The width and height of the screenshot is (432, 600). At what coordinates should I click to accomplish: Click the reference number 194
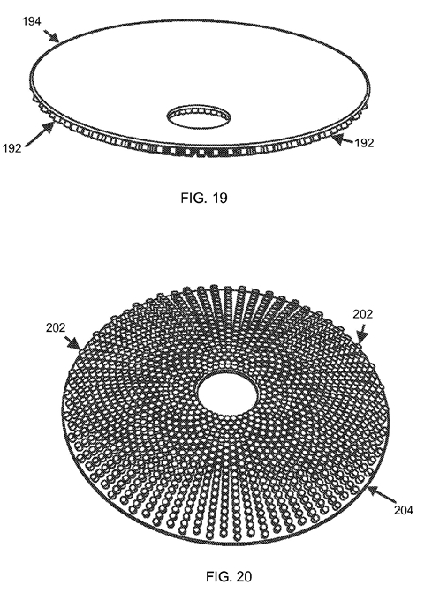pos(32,21)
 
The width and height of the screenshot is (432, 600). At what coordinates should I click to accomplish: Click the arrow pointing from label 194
pos(51,35)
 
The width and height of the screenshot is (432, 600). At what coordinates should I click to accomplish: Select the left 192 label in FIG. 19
pos(11,148)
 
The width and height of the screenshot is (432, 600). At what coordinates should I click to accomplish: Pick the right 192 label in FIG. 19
pos(364,143)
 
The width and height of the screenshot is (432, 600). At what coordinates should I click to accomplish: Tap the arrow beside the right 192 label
pos(342,139)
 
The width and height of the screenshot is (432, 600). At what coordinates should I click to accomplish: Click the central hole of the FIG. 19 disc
pos(199,115)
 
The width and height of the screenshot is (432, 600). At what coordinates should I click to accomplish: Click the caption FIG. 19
pos(204,198)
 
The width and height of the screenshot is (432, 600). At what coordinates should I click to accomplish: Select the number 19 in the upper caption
pos(220,198)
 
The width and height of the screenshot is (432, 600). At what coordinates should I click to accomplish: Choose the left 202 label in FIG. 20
pos(56,328)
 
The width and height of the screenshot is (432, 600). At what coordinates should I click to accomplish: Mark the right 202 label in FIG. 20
pos(363,314)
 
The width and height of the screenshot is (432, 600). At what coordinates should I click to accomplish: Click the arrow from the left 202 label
pos(72,343)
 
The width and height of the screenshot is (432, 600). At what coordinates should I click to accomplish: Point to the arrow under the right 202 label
pos(362,333)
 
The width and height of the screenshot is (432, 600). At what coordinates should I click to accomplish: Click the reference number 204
pos(404,510)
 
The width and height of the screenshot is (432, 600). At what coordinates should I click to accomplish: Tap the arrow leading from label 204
pos(382,495)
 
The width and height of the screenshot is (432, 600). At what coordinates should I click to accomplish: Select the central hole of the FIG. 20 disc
pos(228,394)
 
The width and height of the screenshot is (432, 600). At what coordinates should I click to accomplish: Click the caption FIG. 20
pos(229,576)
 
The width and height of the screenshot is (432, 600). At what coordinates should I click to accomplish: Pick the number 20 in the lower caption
pos(245,576)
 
